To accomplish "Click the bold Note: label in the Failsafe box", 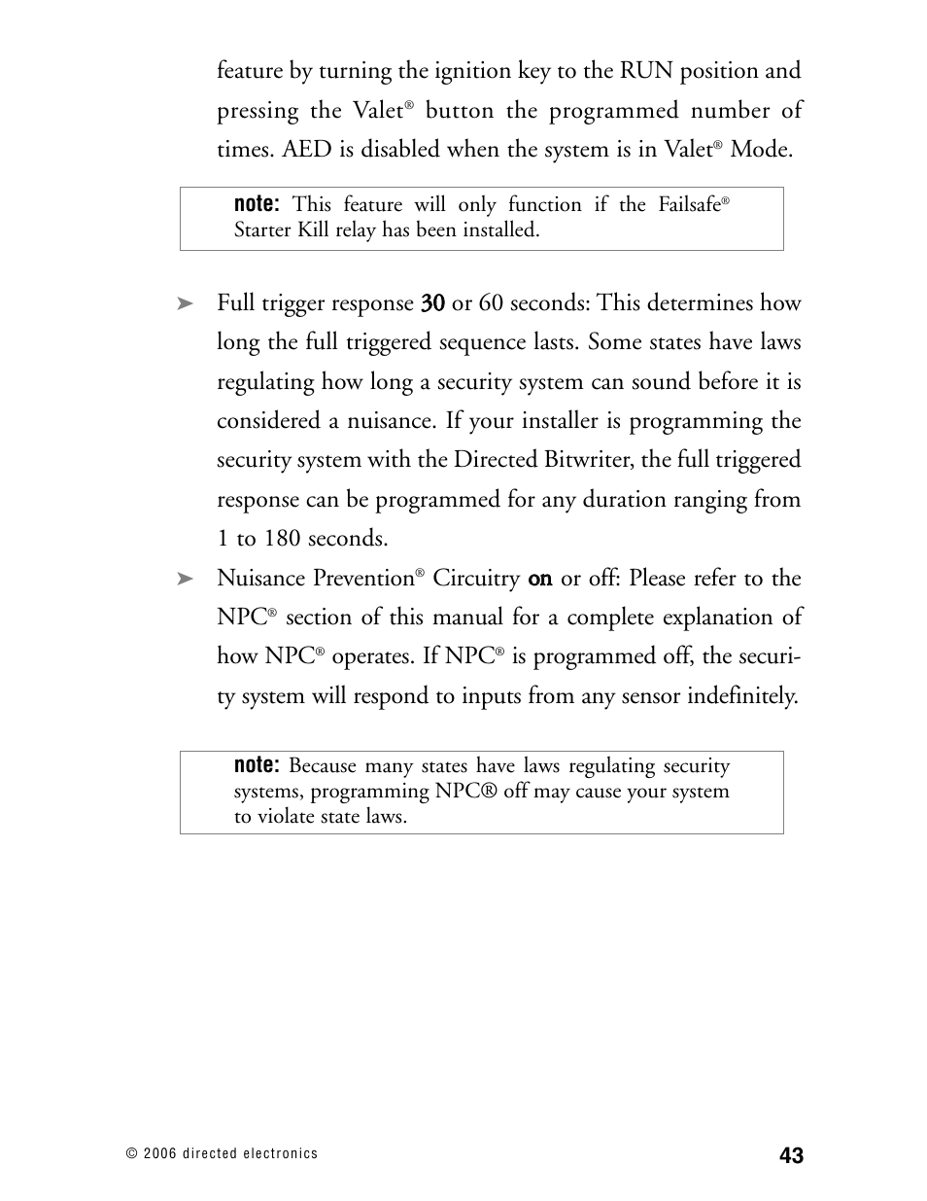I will pyautogui.click(x=257, y=204).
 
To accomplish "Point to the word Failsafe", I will pyautogui.click(x=689, y=204).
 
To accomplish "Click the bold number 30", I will pyautogui.click(x=432, y=303).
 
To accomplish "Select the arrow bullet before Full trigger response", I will pyautogui.click(x=186, y=304).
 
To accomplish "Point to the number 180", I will pyautogui.click(x=283, y=539).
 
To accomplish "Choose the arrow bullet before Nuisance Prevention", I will pyautogui.click(x=186, y=580).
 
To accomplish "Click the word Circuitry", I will pyautogui.click(x=476, y=579).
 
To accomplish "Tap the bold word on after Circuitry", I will pyautogui.click(x=540, y=580).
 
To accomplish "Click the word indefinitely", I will pyautogui.click(x=741, y=696).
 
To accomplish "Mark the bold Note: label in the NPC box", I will pyautogui.click(x=257, y=766).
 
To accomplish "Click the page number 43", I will pyautogui.click(x=791, y=1155).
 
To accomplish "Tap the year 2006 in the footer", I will pyautogui.click(x=159, y=1154).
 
